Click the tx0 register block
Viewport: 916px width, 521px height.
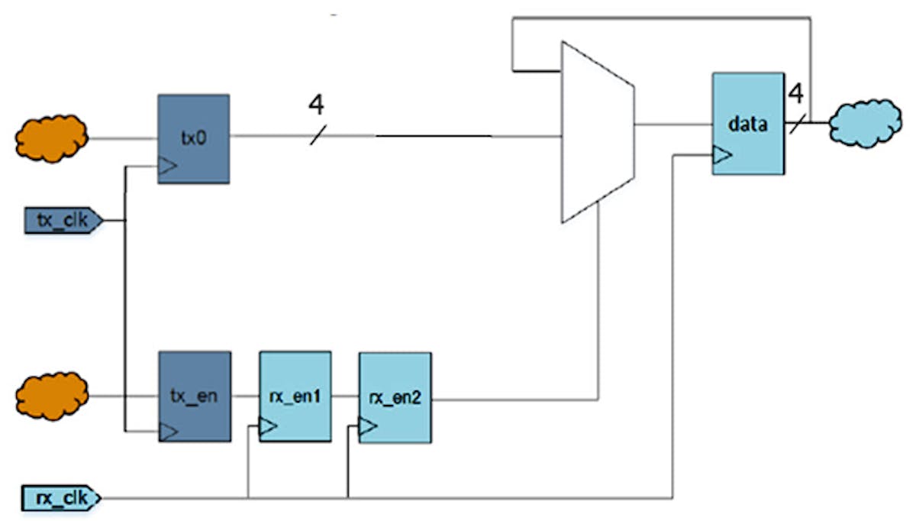(193, 139)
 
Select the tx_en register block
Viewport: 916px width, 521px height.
(193, 396)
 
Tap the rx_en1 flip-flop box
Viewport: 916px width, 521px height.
(295, 396)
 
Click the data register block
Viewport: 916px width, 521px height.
(748, 124)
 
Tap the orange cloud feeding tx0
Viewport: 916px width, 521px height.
(52, 138)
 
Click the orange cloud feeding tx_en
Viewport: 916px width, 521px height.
(52, 396)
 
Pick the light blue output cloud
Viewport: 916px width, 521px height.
(863, 121)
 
